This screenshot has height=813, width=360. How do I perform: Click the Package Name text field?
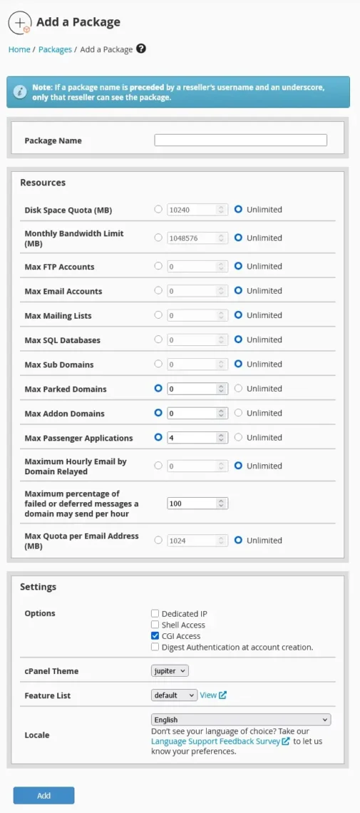point(240,140)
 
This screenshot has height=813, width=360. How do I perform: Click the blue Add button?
point(43,795)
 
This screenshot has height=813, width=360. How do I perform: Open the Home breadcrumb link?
point(19,49)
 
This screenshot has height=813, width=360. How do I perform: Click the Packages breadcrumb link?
point(55,49)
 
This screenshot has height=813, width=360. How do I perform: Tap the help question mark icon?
point(141,48)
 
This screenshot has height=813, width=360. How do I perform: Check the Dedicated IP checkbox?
point(155,613)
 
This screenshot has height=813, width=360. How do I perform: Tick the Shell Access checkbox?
point(155,625)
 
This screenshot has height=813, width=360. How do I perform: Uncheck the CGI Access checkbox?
point(155,636)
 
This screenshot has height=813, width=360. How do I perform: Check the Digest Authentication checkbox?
point(155,648)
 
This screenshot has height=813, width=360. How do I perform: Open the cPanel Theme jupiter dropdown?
point(170,671)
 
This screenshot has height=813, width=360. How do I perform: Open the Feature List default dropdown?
point(174,695)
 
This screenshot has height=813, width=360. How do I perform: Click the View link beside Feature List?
point(208,695)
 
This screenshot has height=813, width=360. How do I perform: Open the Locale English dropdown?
point(241,720)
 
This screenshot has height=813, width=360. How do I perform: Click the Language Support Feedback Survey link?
point(215,741)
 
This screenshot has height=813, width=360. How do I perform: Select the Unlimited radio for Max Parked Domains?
point(239,389)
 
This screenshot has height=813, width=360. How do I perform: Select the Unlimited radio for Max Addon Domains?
point(239,413)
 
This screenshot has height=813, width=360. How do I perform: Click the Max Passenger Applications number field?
point(192,438)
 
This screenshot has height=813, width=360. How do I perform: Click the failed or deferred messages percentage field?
point(192,503)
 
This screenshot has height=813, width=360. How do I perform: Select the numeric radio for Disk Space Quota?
point(158,210)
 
